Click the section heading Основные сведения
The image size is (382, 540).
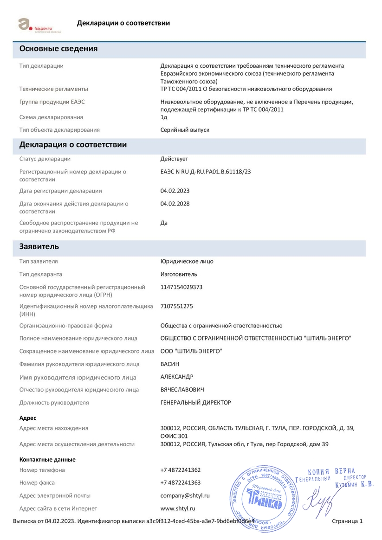pyautogui.click(x=58, y=49)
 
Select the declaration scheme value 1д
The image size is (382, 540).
pyautogui.click(x=163, y=117)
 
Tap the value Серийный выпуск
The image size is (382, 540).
pyautogui.click(x=185, y=130)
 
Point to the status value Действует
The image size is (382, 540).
pyautogui.click(x=174, y=159)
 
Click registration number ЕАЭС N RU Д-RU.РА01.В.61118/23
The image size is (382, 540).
pyautogui.click(x=206, y=172)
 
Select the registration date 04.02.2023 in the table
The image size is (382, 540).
pyautogui.click(x=175, y=191)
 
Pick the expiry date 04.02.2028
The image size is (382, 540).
pyautogui.click(x=175, y=203)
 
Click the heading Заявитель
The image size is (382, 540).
pyautogui.click(x=39, y=247)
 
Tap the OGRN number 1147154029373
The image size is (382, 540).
pyautogui.click(x=181, y=287)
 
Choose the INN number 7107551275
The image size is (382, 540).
pyautogui.click(x=176, y=306)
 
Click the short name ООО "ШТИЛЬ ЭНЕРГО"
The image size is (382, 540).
pyautogui.click(x=191, y=351)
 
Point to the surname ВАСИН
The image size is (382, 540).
pyautogui.click(x=169, y=364)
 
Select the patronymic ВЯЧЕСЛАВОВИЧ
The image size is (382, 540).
pyautogui.click(x=182, y=390)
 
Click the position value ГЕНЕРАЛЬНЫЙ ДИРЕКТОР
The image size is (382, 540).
pyautogui.click(x=195, y=403)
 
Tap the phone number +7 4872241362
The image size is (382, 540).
pyautogui.click(x=180, y=470)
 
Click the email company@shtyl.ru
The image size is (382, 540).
pyautogui.click(x=185, y=495)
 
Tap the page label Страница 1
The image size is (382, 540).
pyautogui.click(x=347, y=521)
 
